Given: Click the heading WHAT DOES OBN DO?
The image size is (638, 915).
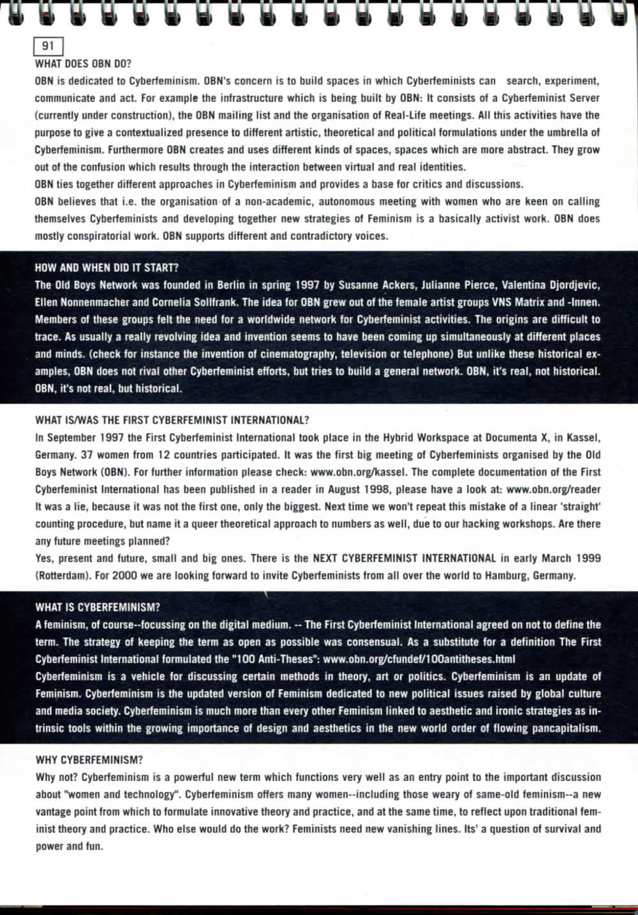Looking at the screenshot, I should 83,64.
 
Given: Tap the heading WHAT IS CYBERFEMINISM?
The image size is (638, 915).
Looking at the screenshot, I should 98,607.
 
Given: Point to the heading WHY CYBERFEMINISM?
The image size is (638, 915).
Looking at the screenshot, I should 89,760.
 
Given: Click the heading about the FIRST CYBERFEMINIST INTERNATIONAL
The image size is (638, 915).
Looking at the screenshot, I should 172,420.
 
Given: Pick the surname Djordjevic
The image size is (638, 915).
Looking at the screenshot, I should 572,285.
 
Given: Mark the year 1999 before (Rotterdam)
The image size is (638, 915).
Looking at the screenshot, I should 588,558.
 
